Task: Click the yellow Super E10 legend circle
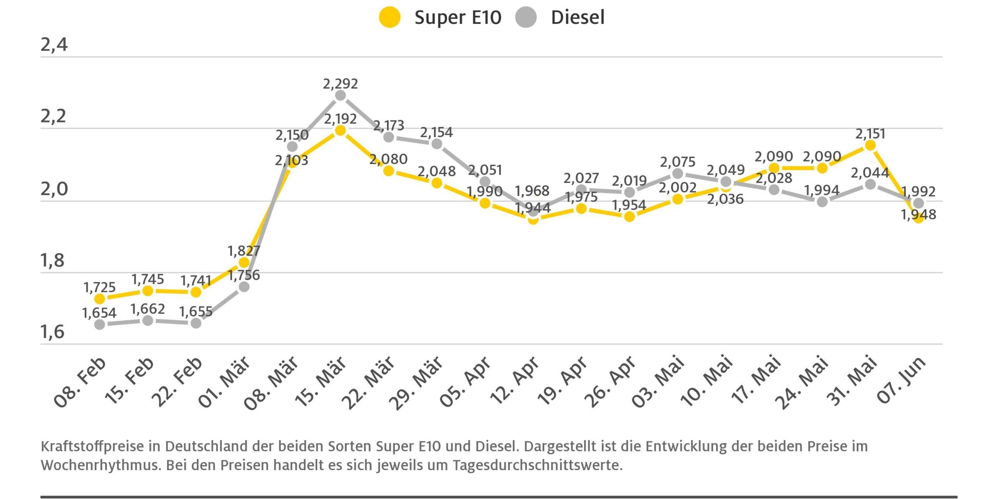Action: point(389,18)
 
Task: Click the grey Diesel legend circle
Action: point(526,18)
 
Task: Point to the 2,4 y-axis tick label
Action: point(54,45)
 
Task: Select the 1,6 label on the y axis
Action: point(52,332)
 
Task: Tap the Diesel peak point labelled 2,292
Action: point(340,96)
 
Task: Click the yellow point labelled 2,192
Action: point(340,130)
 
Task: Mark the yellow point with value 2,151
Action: point(870,145)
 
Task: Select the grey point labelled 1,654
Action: point(100,324)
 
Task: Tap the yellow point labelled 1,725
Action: point(100,299)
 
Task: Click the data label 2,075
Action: point(678,162)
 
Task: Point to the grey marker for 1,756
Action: point(244,287)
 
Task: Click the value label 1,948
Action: point(918,215)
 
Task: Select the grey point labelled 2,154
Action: point(437,144)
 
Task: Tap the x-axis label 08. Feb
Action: point(80,382)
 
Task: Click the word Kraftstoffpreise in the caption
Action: point(92,447)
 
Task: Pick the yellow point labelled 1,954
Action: point(629,216)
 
